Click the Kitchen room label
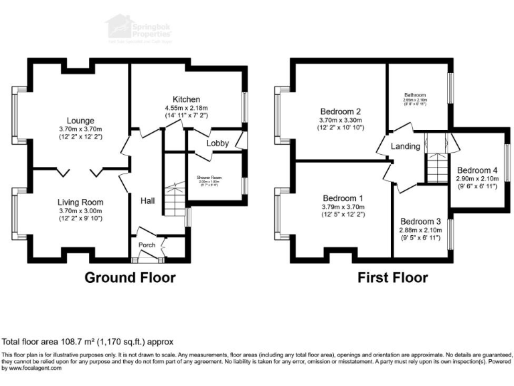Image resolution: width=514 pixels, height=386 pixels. point(187,99)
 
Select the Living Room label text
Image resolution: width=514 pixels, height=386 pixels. point(80,202)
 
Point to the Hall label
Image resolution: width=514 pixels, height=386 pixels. point(148,200)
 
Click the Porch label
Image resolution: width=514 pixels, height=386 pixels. point(147,245)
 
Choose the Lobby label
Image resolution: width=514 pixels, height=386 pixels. point(218,143)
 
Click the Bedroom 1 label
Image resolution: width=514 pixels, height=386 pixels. point(343,199)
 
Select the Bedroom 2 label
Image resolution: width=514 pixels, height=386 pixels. point(341,111)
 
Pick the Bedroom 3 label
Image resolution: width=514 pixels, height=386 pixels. point(420,222)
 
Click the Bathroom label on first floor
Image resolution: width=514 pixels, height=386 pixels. point(414,95)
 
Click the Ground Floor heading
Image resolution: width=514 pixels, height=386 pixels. point(130,277)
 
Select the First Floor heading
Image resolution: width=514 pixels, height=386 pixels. point(392,277)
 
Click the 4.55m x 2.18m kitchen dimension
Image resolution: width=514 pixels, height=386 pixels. point(187,108)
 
